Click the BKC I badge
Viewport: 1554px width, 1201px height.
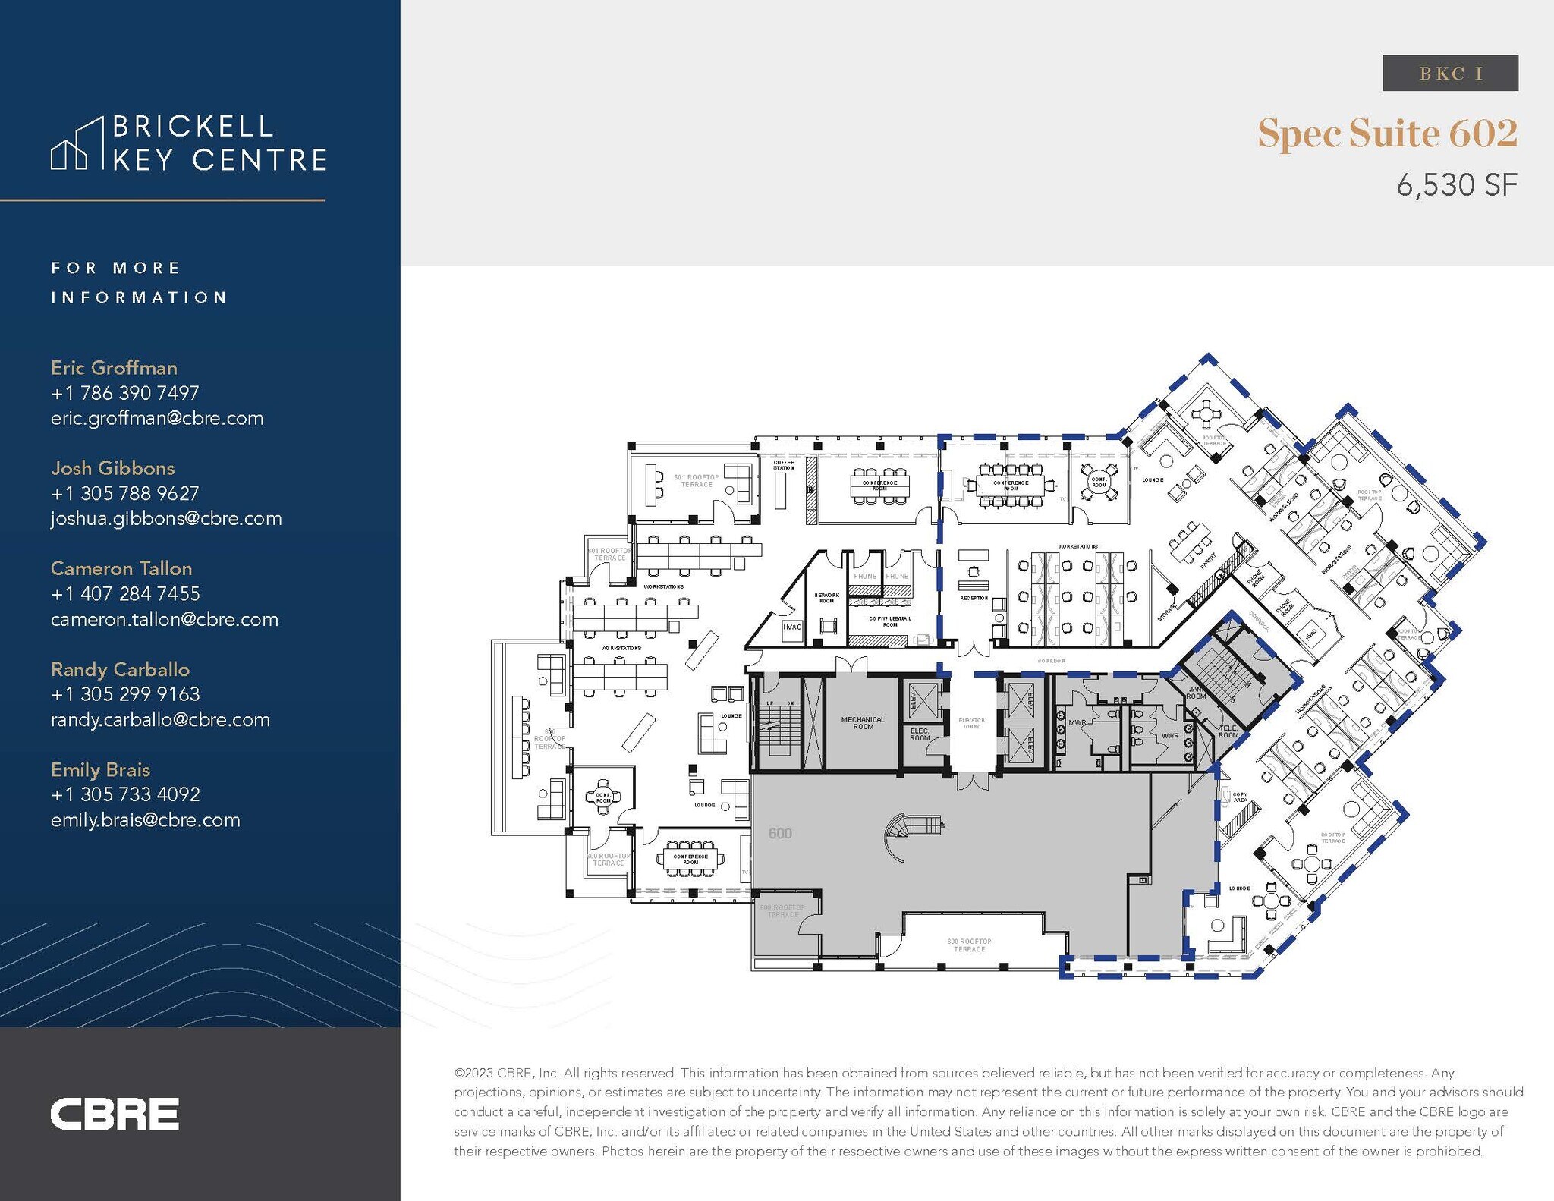1450,74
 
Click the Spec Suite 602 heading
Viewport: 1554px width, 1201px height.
1387,134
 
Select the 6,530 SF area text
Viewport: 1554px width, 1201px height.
1456,185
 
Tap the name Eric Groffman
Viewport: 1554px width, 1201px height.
114,368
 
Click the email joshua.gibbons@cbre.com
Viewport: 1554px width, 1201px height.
166,519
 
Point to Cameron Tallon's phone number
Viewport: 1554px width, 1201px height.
125,594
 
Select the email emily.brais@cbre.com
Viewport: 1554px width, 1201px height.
146,820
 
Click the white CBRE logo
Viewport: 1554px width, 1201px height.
115,1114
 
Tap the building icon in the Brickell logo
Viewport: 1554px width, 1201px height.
77,144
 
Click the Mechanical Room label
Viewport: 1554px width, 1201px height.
863,723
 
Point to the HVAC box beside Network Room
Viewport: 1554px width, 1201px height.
791,627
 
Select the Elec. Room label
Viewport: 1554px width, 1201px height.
920,734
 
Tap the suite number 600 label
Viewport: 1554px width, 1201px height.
780,834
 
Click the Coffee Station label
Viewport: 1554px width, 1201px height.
783,465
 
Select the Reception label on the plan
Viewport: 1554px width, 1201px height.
974,599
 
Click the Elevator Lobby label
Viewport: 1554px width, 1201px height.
971,723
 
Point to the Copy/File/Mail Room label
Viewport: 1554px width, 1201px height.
890,621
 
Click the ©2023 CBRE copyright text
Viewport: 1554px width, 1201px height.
505,1073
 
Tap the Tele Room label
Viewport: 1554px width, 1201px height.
1228,731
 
